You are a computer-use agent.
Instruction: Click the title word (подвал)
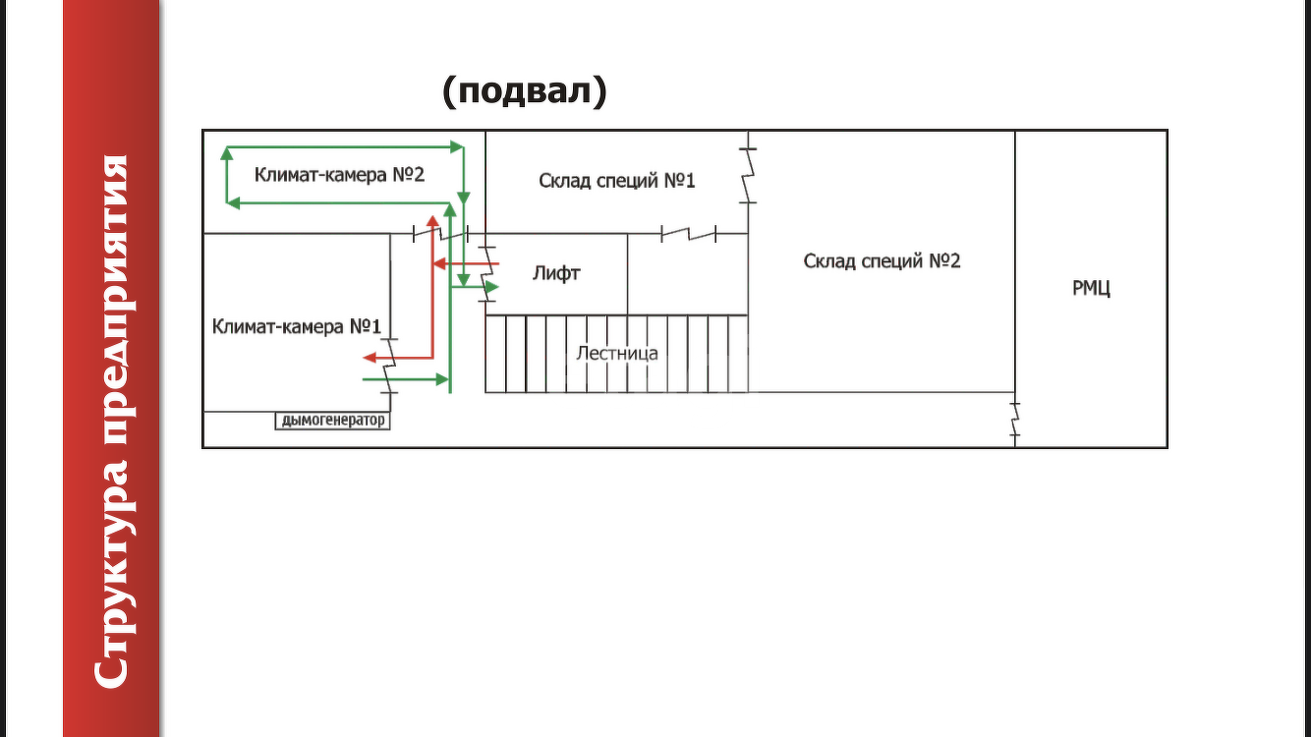pos(525,90)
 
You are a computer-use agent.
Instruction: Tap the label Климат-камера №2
pos(339,175)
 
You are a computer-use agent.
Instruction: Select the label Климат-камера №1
pos(296,326)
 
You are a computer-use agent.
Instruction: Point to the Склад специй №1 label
pos(617,181)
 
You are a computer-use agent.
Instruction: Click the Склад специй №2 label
pos(882,261)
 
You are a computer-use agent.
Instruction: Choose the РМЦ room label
pos(1091,289)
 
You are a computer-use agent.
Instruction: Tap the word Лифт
pos(556,273)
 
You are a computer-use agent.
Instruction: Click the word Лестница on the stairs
pos(617,354)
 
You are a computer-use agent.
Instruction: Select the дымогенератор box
pos(332,422)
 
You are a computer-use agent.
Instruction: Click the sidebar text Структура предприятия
pos(111,421)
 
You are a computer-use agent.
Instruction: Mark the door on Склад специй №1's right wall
pos(748,175)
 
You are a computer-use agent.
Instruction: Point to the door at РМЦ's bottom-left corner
pos(1014,419)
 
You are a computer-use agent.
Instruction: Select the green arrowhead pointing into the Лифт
pos(492,286)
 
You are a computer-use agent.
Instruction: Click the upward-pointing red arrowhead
pos(430,219)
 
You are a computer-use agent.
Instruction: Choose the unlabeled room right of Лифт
pos(687,274)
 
